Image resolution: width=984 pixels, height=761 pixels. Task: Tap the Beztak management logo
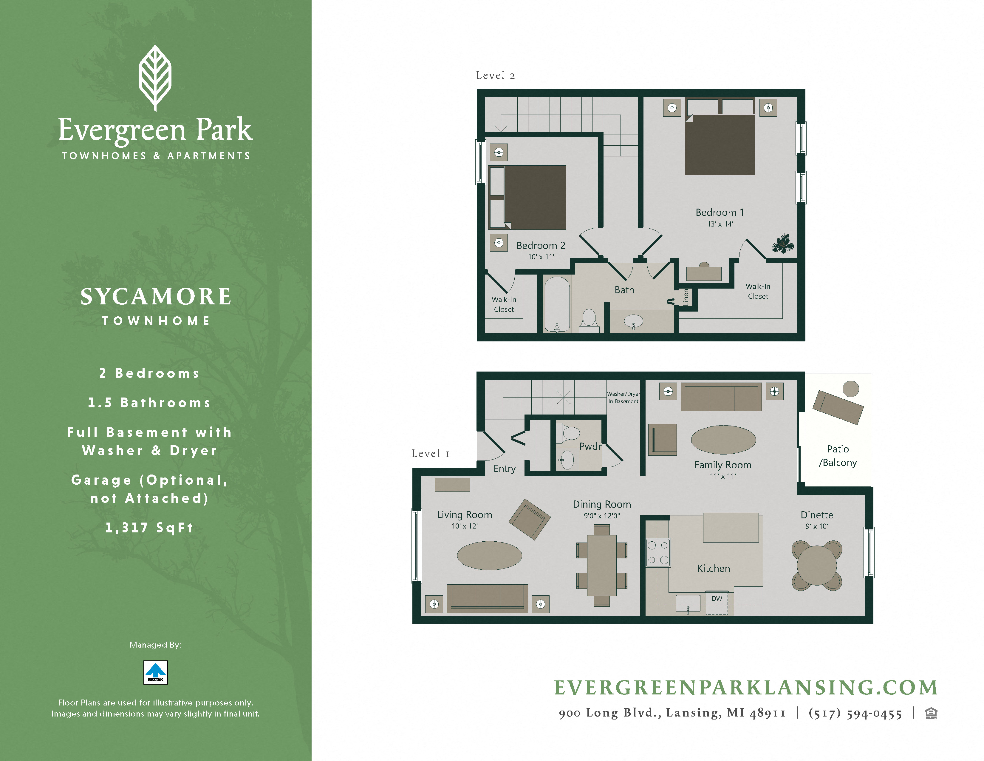click(155, 672)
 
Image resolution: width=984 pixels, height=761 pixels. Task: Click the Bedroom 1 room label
click(720, 212)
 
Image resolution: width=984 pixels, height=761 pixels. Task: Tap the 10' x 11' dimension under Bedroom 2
click(541, 257)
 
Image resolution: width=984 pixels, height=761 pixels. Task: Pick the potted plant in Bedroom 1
click(783, 244)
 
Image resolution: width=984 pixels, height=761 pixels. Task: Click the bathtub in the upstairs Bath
click(557, 304)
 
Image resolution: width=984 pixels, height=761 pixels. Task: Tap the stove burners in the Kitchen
click(658, 553)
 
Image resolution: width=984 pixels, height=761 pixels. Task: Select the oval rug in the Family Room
click(723, 440)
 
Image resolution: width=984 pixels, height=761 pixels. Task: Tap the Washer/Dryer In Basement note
click(623, 397)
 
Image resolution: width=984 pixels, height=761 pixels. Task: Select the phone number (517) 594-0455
click(855, 714)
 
